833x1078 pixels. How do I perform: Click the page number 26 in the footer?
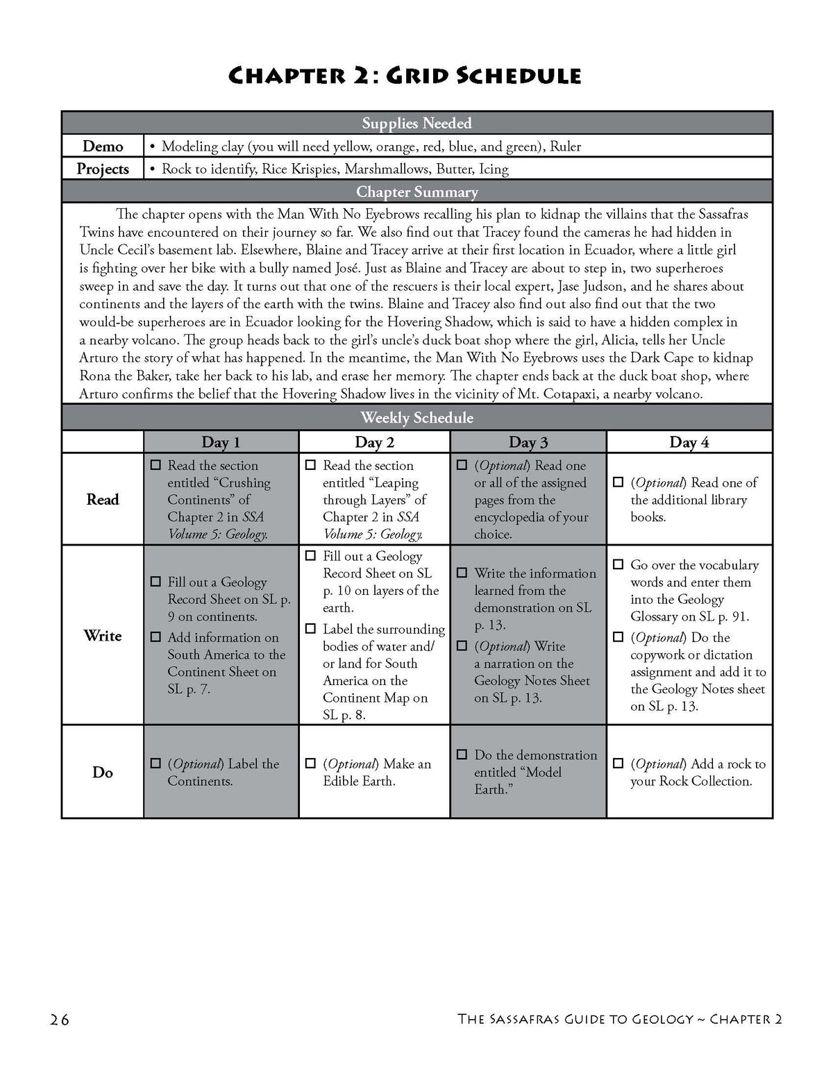point(60,1019)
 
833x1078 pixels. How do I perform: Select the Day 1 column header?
point(221,442)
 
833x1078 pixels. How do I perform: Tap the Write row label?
point(103,635)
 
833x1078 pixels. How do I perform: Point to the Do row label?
point(103,772)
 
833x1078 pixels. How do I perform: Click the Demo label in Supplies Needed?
point(103,146)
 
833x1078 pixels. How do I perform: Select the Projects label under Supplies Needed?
point(103,169)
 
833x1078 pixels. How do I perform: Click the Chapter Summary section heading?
point(416,192)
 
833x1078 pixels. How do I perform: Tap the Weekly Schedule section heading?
point(416,418)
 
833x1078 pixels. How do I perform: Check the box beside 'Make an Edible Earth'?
point(310,764)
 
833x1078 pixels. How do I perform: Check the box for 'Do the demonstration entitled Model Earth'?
point(462,755)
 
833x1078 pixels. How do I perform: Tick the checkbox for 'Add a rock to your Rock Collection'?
point(618,764)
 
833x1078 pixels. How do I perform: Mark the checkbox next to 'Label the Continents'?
point(155,764)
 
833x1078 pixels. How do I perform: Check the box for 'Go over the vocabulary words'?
point(618,565)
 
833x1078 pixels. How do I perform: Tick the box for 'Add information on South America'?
point(155,637)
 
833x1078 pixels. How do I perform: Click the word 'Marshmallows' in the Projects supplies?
point(387,169)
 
